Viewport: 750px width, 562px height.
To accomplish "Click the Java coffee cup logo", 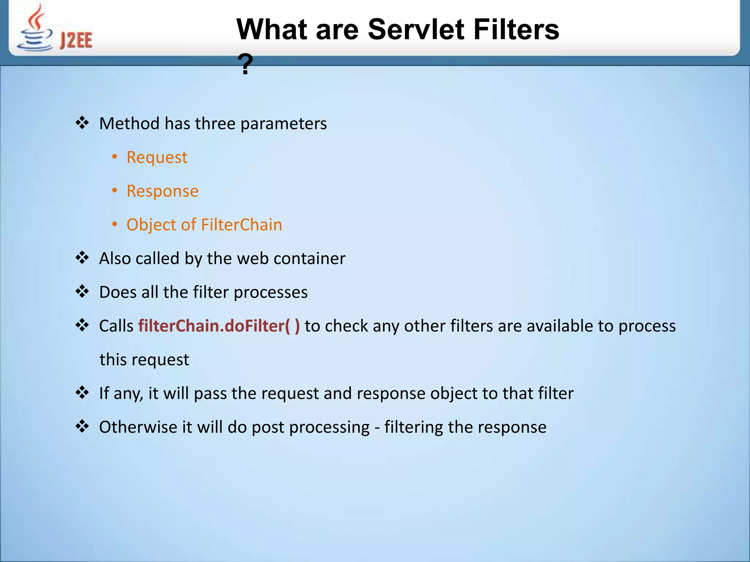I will (35, 29).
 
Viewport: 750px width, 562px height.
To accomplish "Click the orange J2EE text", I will (76, 40).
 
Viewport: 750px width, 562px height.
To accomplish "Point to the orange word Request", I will (157, 157).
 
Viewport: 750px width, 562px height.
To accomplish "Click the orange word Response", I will (162, 191).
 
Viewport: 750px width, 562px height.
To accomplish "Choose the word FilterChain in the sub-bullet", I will (242, 225).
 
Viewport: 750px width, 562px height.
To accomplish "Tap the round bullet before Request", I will (115, 157).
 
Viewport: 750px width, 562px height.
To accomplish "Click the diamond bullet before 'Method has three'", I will (82, 123).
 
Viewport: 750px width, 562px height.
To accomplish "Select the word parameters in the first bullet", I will (283, 124).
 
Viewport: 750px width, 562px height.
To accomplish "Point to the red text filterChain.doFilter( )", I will (219, 326).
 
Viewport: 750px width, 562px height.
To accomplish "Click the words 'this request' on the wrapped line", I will (144, 360).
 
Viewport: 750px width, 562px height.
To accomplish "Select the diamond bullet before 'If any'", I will (82, 393).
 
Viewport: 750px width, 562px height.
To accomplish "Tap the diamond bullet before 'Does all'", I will (82, 292).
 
